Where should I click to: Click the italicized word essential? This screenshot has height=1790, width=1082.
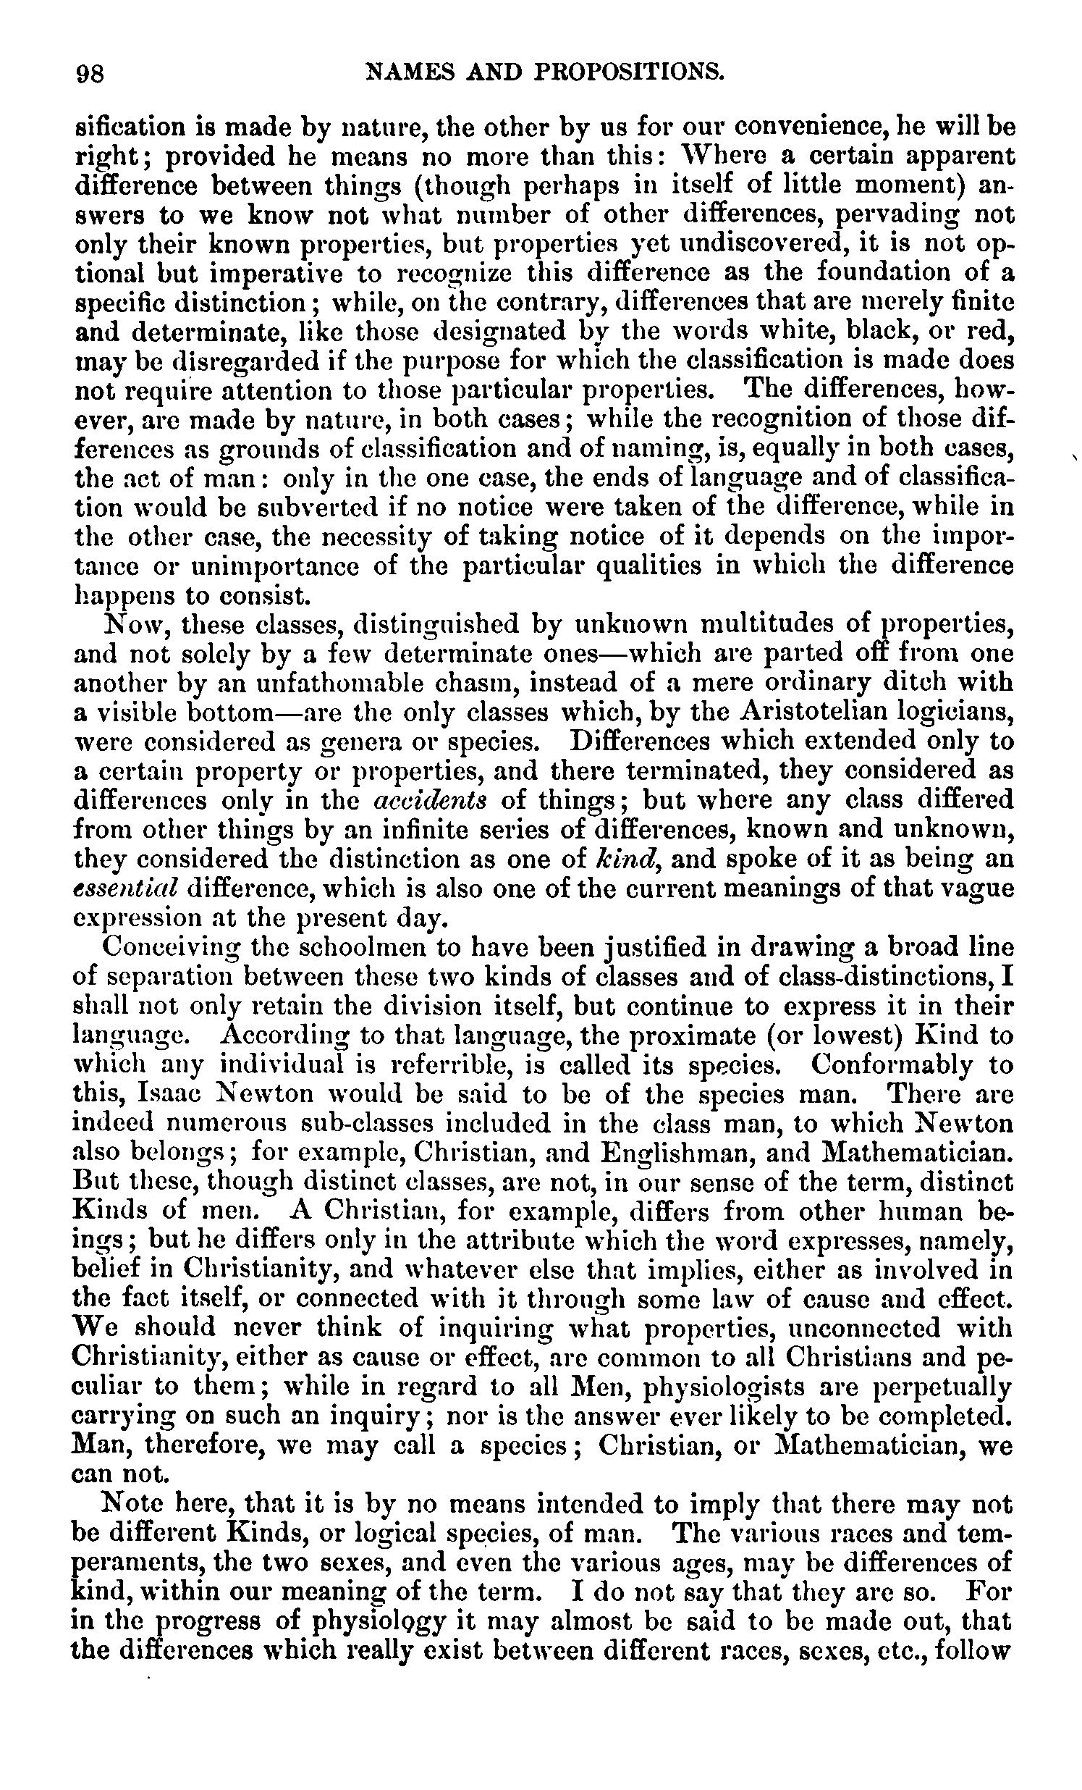point(128,888)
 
